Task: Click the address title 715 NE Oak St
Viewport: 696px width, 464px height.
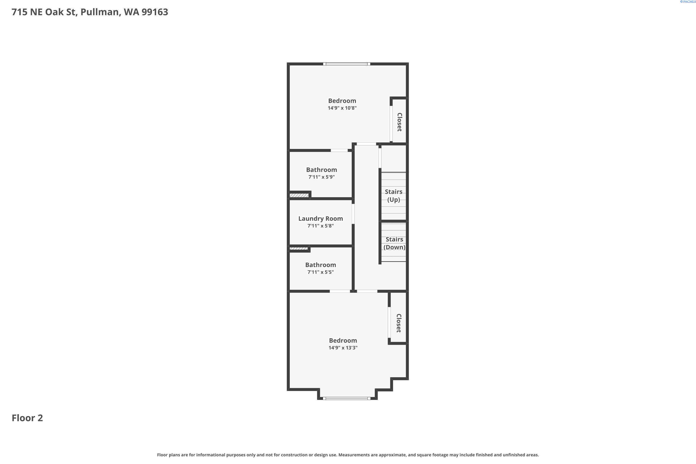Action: pos(90,12)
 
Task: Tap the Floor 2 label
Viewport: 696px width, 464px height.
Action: pos(27,418)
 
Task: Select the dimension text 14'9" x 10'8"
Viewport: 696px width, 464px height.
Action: pos(342,108)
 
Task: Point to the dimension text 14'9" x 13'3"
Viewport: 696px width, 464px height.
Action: pos(343,348)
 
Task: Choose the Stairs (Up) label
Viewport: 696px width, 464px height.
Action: pos(393,196)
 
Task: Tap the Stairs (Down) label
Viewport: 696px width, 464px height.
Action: pos(394,243)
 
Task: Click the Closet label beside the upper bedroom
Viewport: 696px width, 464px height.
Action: pos(400,122)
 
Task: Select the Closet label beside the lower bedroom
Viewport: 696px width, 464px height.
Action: pos(399,323)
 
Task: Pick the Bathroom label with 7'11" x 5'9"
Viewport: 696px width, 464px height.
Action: pos(321,170)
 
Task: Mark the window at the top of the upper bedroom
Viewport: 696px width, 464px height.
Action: pos(347,64)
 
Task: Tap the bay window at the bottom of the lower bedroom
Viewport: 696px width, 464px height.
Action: pos(347,398)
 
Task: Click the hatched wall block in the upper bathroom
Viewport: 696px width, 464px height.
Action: pos(299,195)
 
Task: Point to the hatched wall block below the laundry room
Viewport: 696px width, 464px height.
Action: pos(299,248)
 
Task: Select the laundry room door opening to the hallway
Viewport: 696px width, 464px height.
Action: pos(353,214)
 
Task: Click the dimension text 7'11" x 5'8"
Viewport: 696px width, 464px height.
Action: pos(320,226)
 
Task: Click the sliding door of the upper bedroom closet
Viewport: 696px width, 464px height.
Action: pos(391,124)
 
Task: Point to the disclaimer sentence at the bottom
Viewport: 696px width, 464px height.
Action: pos(348,455)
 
